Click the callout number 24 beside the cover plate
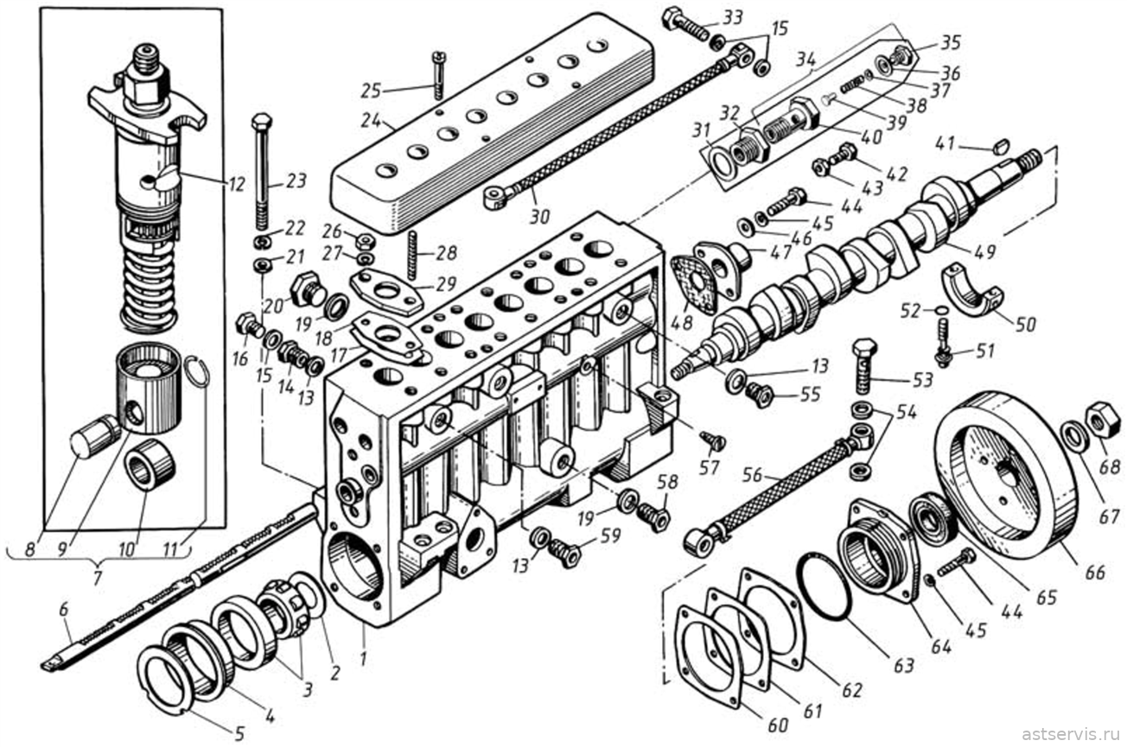(x=372, y=121)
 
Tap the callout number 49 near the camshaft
(x=984, y=250)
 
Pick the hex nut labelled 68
(x=1102, y=419)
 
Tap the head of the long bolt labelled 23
(x=261, y=122)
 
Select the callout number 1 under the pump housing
(x=363, y=658)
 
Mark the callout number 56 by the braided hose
(x=753, y=475)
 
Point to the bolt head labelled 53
(x=864, y=348)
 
